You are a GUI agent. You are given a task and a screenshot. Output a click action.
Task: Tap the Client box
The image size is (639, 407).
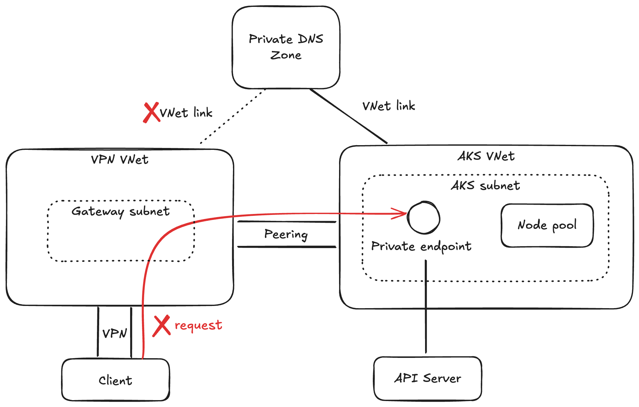tap(115, 380)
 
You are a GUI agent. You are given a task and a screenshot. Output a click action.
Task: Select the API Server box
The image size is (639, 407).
tap(428, 378)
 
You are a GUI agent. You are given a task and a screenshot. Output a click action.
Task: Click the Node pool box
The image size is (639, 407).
tap(547, 225)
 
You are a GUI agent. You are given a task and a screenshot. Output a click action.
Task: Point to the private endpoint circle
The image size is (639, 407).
tap(424, 218)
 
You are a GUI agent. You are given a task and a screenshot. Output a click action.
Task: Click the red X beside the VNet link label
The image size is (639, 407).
tap(151, 113)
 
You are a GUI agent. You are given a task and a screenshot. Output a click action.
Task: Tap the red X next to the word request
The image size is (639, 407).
tap(161, 326)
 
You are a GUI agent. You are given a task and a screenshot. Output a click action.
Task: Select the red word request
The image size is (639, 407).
tap(198, 325)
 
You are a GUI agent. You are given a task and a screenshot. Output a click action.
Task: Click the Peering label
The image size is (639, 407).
tap(286, 234)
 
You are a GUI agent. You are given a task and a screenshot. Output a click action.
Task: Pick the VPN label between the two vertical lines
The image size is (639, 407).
tap(115, 333)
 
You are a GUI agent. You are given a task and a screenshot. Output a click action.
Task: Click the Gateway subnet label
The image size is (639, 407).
tap(120, 211)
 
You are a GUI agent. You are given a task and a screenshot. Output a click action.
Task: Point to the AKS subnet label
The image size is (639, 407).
tap(485, 186)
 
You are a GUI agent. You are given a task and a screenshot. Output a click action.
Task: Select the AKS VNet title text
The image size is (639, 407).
tap(486, 156)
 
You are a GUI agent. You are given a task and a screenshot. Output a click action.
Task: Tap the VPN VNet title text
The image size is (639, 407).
tap(120, 160)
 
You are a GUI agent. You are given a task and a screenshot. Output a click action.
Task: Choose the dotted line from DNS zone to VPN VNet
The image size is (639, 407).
tap(233, 116)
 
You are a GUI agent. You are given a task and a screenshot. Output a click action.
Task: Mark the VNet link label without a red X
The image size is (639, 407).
tap(389, 106)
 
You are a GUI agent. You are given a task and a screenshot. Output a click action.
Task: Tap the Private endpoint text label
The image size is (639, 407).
tap(421, 247)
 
